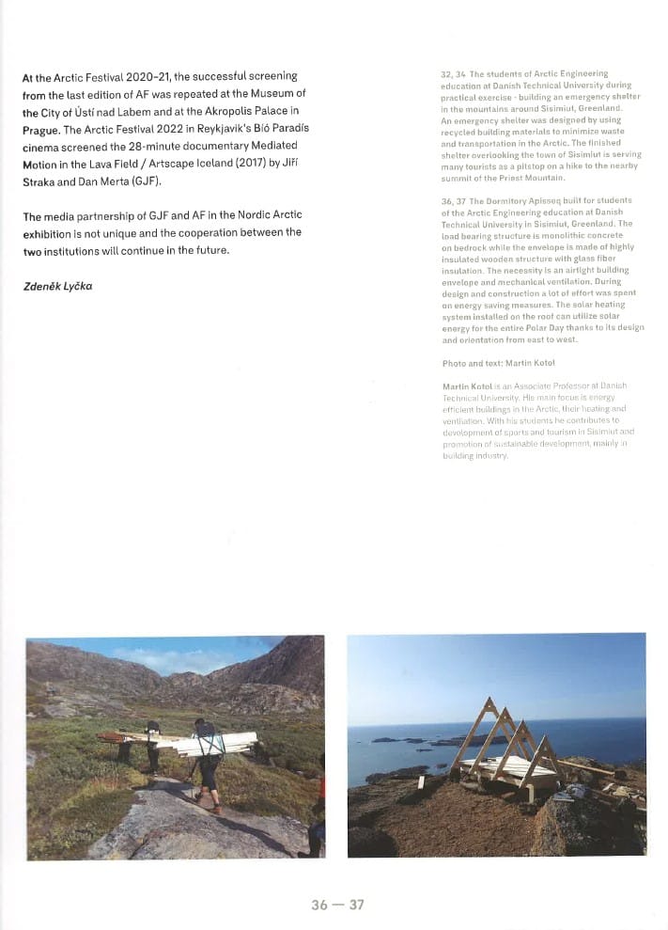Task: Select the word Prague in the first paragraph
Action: click(40, 130)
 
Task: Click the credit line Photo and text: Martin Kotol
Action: click(498, 363)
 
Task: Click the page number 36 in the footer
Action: click(320, 905)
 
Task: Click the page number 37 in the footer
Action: click(356, 905)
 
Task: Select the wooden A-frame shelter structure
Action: click(507, 743)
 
